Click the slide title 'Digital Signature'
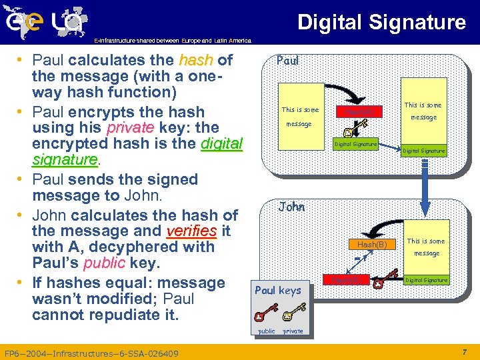click(x=381, y=22)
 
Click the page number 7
click(x=464, y=351)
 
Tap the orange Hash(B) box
click(x=372, y=245)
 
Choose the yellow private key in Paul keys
click(x=293, y=314)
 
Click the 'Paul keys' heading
click(x=278, y=290)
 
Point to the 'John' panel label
click(x=291, y=207)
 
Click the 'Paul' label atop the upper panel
click(x=287, y=61)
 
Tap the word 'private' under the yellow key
click(x=293, y=331)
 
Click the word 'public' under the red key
click(x=266, y=331)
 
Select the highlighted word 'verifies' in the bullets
click(x=191, y=231)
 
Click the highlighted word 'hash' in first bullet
click(x=196, y=61)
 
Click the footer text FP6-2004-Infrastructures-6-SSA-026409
click(x=91, y=352)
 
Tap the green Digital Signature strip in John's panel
click(x=426, y=280)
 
